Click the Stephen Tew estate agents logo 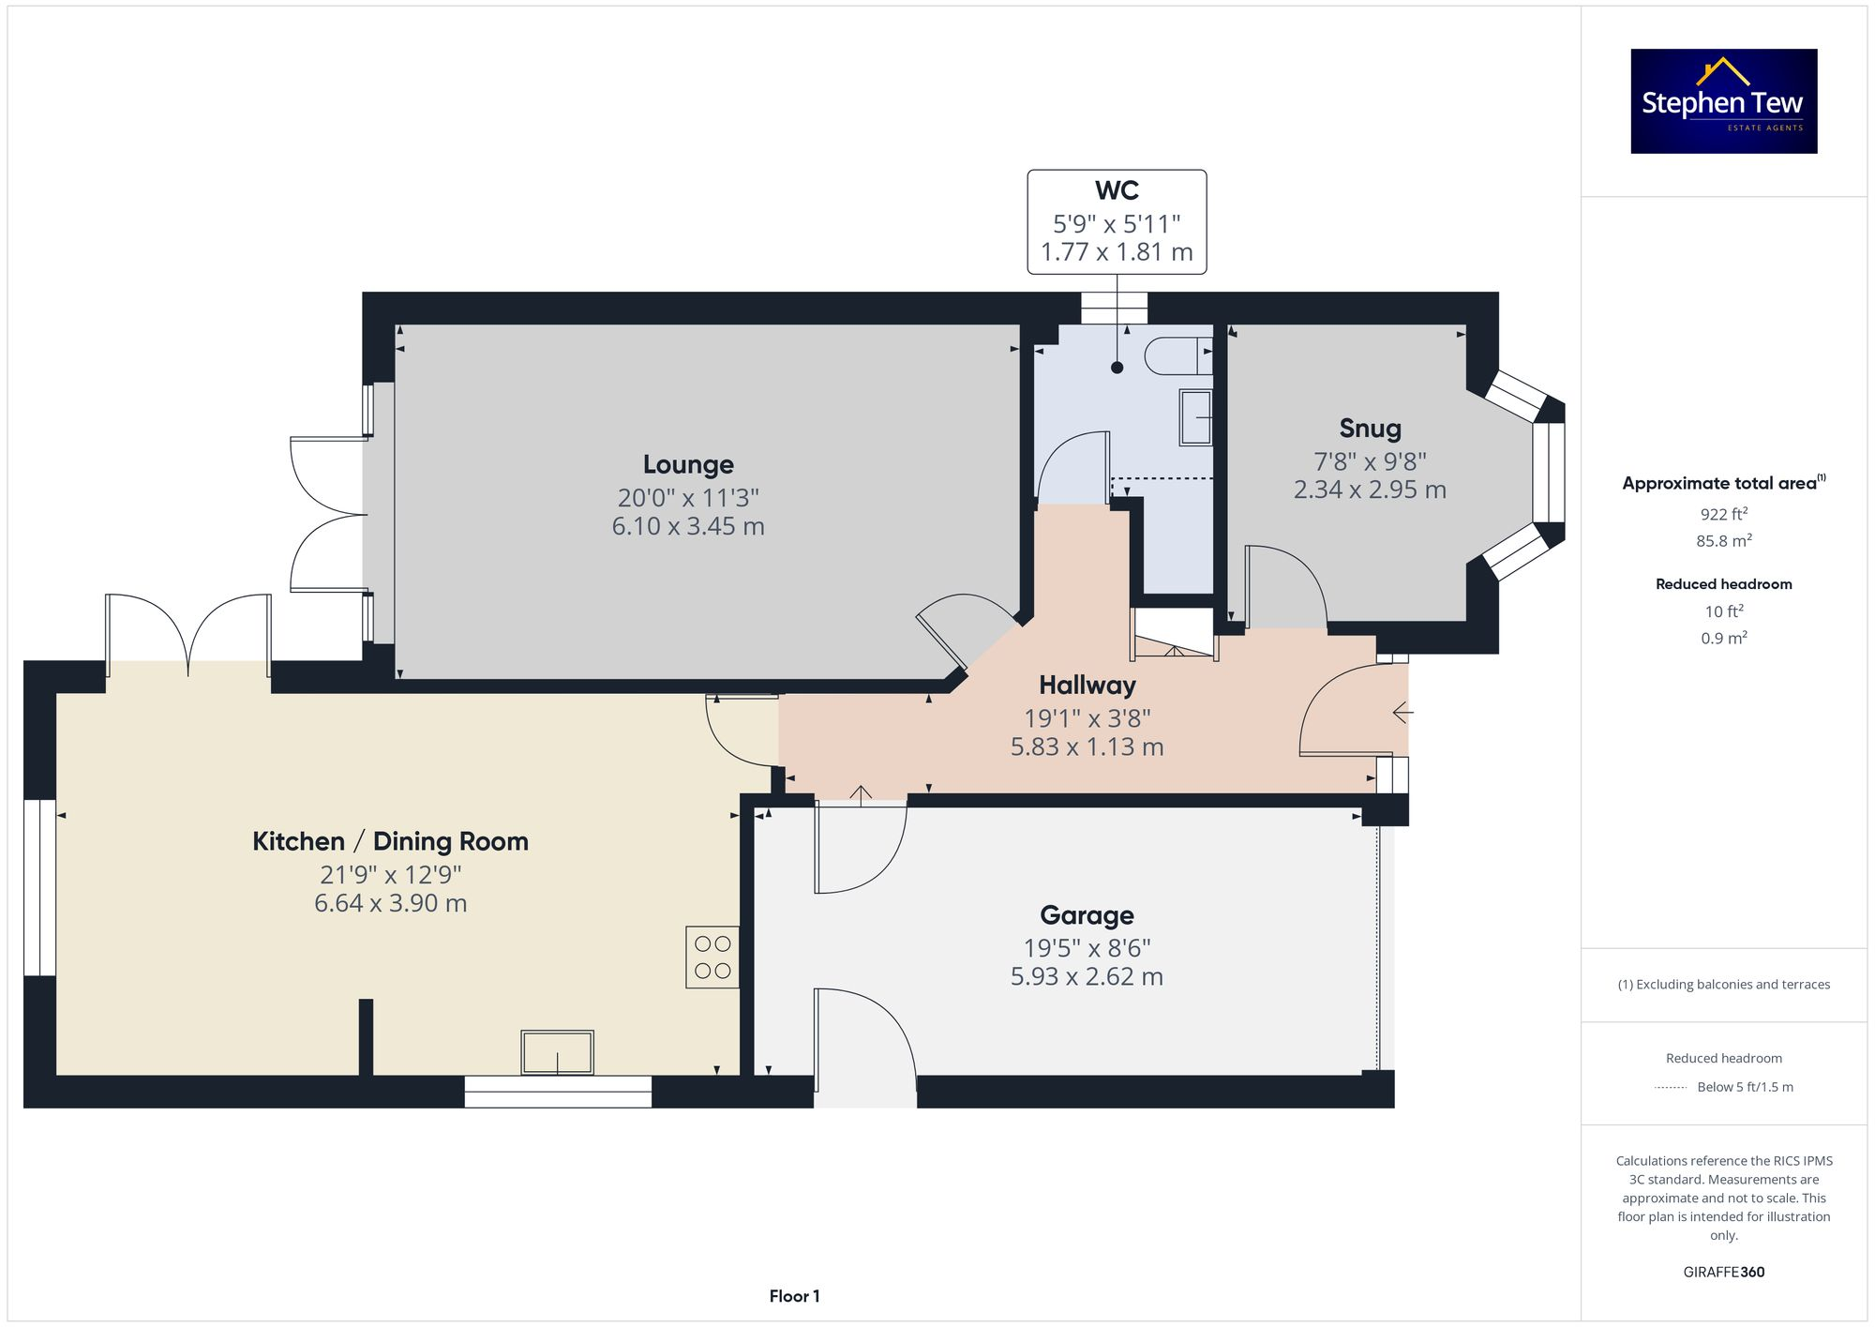coord(1723,101)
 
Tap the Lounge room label coord(688,464)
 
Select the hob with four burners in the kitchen coord(712,958)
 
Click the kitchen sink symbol coord(558,1052)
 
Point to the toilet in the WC coord(1177,356)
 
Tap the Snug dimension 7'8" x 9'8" coord(1370,461)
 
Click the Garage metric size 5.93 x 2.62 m coord(1087,976)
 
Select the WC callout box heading coord(1117,190)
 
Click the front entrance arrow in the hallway coord(1402,713)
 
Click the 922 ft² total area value coord(1723,514)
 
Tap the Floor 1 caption coord(794,1296)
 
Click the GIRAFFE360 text coord(1723,1272)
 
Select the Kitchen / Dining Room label coord(390,841)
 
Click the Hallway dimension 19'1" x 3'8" coord(1087,718)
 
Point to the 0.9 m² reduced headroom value coord(1723,638)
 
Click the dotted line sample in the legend coord(1671,1088)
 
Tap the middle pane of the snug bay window coord(1549,473)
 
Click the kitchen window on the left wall coord(39,887)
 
